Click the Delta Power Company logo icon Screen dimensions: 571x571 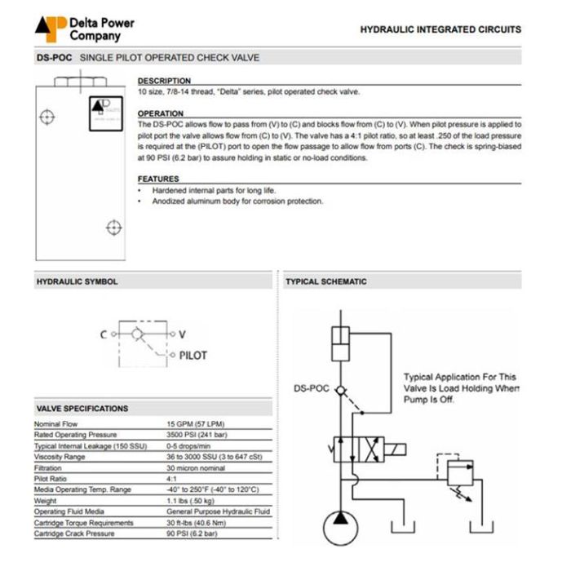50,29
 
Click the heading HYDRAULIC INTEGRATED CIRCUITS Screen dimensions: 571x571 440,29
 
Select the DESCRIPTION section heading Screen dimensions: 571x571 164,81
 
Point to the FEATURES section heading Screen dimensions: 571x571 158,179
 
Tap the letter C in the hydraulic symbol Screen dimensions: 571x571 104,334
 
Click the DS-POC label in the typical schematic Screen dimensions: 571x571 312,388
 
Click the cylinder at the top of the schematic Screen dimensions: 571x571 339,345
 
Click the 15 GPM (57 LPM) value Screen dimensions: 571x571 196,424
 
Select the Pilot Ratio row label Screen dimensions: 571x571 53,479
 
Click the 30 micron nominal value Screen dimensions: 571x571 197,467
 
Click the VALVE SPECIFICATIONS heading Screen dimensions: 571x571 82,408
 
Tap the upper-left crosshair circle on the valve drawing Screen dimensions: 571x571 47,117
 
